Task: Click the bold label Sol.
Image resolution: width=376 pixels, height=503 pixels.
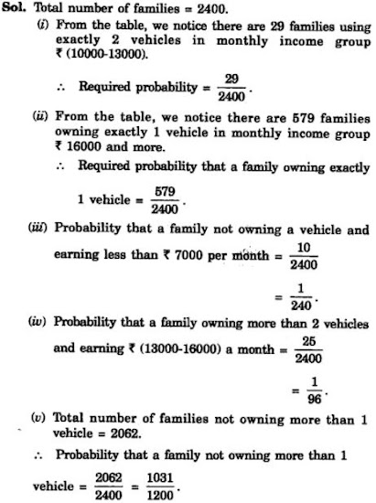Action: (x=17, y=9)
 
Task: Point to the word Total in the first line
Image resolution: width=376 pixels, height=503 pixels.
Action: (x=54, y=9)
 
